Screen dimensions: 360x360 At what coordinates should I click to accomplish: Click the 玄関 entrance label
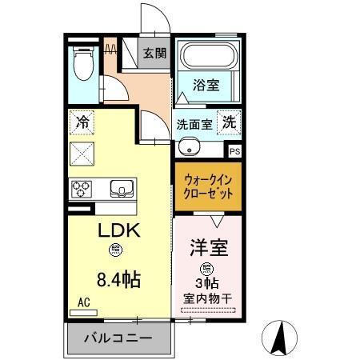[x=154, y=54]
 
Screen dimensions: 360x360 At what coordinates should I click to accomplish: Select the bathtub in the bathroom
[x=208, y=57]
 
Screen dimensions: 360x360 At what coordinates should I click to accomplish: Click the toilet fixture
[x=82, y=63]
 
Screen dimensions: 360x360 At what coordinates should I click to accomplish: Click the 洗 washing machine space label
[x=229, y=124]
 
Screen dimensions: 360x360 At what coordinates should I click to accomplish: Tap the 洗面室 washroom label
[x=194, y=125]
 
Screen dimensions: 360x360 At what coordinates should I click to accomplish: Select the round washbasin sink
[x=189, y=147]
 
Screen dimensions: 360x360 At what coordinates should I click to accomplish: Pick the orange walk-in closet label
[x=207, y=187]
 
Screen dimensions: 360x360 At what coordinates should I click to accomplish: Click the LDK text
[x=118, y=230]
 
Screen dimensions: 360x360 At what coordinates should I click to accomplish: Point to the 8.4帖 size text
[x=119, y=280]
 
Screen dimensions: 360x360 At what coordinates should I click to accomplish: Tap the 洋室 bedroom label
[x=207, y=247]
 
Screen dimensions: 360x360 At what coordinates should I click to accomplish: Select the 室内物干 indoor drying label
[x=207, y=300]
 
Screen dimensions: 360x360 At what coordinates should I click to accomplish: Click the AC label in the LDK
[x=83, y=302]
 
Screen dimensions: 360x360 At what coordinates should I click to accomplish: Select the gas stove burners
[x=82, y=189]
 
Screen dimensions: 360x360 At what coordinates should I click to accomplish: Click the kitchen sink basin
[x=122, y=189]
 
